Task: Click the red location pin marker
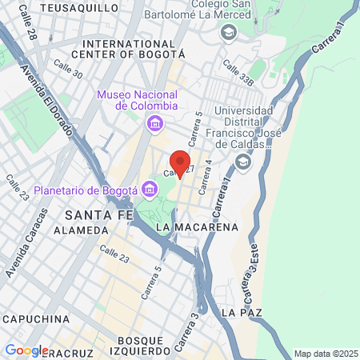[x=181, y=164]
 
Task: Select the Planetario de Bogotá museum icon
[x=149, y=190]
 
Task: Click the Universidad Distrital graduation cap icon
[x=242, y=162]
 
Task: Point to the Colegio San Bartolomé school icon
[x=229, y=32]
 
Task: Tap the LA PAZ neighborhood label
[x=242, y=310]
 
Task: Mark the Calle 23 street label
[x=114, y=251]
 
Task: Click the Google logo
[x=26, y=350]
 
